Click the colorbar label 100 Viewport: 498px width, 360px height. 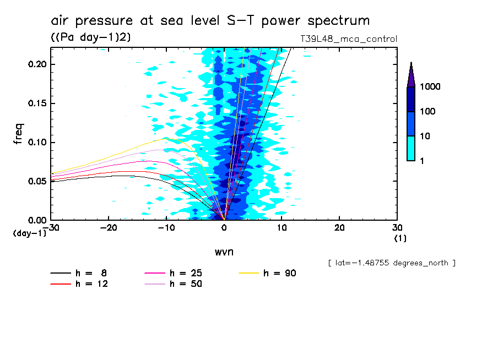point(428,112)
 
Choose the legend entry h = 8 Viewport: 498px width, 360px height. point(91,273)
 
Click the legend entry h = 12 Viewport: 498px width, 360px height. point(91,284)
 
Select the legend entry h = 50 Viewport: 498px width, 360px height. point(186,284)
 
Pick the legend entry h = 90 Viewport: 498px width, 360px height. point(280,273)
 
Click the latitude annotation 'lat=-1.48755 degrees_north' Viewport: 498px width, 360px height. point(391,263)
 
